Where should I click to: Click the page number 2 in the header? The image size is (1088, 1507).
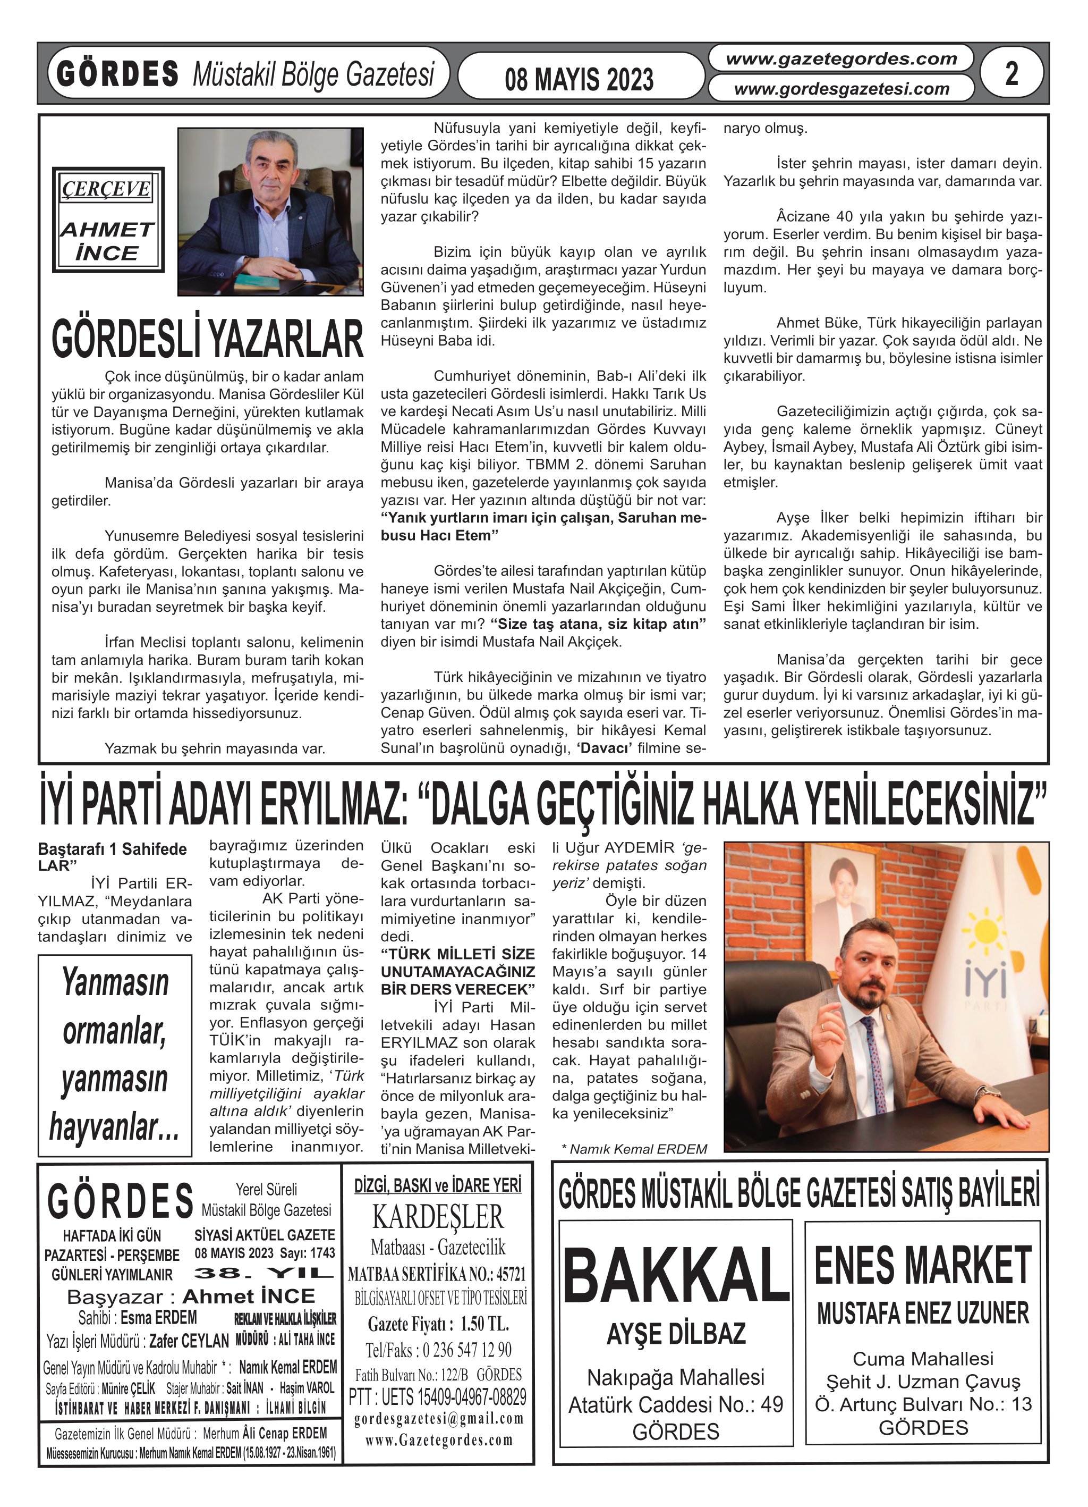[x=1011, y=74]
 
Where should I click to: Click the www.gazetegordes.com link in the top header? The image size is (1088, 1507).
[x=841, y=59]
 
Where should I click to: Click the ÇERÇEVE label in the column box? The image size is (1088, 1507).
[x=107, y=189]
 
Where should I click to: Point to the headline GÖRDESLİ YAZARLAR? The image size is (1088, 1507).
[x=207, y=340]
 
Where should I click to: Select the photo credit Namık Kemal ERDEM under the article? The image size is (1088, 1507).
[x=634, y=1149]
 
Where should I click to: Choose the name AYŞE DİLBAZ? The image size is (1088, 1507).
[x=676, y=1334]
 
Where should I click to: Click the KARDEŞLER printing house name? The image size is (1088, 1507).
[x=438, y=1217]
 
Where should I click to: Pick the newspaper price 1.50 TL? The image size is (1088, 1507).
[x=438, y=1324]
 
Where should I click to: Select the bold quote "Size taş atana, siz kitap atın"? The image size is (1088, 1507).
[x=598, y=624]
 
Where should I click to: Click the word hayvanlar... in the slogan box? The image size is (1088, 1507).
[x=114, y=1126]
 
